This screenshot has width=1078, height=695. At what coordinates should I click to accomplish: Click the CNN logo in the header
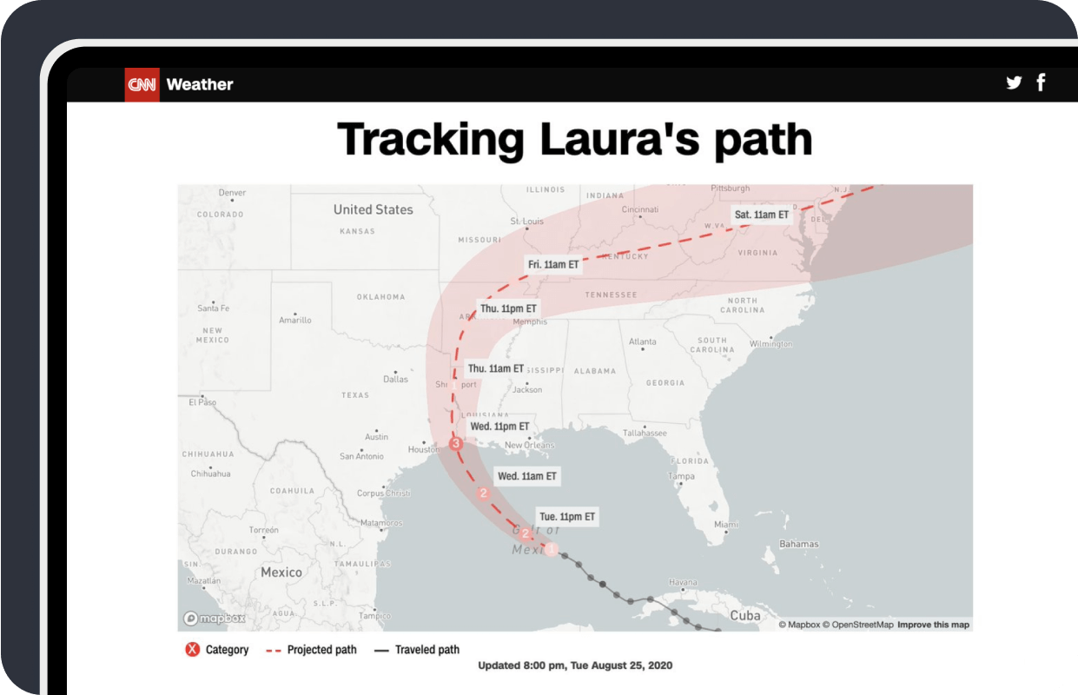click(142, 84)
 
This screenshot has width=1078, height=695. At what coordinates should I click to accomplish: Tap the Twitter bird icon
click(1014, 83)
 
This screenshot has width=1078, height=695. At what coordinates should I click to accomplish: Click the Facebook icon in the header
click(1041, 83)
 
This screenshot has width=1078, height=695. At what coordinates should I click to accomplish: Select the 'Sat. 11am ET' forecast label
click(761, 214)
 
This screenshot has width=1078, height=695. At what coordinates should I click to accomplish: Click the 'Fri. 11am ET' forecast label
click(553, 264)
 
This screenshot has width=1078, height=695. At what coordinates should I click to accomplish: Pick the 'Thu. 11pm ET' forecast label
click(508, 308)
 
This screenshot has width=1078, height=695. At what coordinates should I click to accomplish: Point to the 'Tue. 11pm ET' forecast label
click(567, 516)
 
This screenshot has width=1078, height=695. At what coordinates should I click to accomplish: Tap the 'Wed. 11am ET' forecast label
click(526, 476)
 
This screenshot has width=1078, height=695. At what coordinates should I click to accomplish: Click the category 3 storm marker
click(456, 444)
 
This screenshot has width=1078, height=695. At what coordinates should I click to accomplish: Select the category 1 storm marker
click(551, 549)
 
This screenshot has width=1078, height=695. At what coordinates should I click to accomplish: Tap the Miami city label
click(725, 524)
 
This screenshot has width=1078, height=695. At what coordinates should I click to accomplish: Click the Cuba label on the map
click(744, 615)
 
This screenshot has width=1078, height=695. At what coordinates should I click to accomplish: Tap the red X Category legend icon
click(192, 649)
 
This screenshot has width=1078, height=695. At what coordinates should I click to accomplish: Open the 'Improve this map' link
click(933, 625)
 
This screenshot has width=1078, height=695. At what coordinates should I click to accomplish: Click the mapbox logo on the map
click(214, 619)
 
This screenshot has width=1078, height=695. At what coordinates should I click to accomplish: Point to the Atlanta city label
click(643, 341)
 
